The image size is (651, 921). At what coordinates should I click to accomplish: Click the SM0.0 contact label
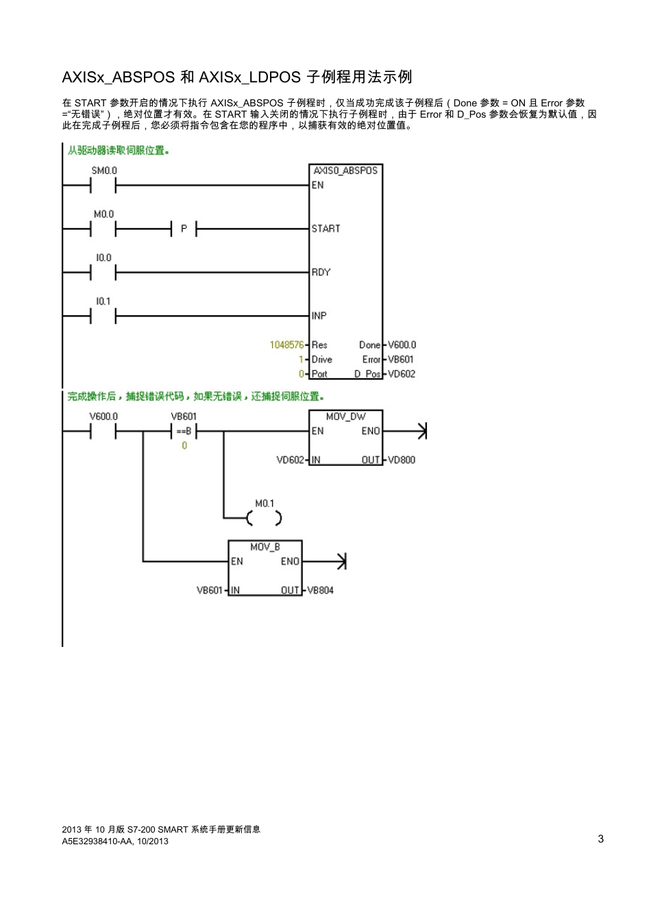pos(104,171)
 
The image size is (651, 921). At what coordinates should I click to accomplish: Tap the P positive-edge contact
pos(184,229)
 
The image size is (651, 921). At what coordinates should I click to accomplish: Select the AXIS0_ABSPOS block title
pos(345,171)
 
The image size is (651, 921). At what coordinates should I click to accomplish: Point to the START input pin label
pos(325,229)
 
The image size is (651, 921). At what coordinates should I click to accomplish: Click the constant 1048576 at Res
pos(286,345)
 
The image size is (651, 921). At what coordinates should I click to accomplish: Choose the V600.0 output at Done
pos(402,345)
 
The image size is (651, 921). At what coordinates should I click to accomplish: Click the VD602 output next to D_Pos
pos(402,374)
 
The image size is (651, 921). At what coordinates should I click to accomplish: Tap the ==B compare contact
pos(184,432)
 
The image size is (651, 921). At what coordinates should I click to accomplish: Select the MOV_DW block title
pos(345,417)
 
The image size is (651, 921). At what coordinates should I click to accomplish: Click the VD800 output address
pos(402,460)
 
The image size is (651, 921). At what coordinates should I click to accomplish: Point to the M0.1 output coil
pos(265,518)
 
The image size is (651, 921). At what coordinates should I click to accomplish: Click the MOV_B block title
pos(265,547)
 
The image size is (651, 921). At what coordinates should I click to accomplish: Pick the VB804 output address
pos(320,590)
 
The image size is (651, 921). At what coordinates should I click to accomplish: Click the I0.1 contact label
pos(103,302)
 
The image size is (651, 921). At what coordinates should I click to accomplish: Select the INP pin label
pos(319,316)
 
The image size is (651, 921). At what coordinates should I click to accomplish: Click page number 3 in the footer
pos(601,839)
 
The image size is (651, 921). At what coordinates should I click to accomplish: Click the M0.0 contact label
pos(104,214)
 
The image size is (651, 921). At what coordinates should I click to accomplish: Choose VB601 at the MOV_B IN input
pos(210,590)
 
